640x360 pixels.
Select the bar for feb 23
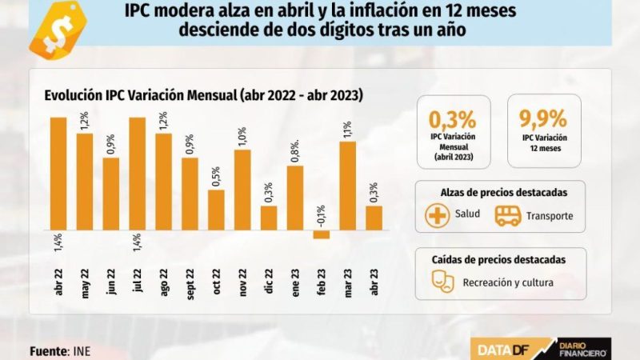point(321,234)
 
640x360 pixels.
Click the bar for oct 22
point(216,210)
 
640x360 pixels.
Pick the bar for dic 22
point(269,218)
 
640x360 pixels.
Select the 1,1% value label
point(347,130)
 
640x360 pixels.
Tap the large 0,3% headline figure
point(453,119)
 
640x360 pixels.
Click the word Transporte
point(550,217)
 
